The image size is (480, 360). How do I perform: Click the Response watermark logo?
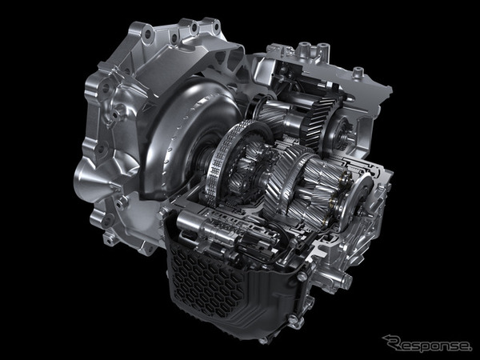(426, 343)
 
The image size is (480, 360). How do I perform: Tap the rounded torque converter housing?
(186, 134)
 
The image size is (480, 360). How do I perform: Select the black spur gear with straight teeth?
(321, 122)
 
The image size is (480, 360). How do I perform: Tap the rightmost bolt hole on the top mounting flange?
(217, 26)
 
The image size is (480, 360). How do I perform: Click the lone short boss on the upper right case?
(357, 73)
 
